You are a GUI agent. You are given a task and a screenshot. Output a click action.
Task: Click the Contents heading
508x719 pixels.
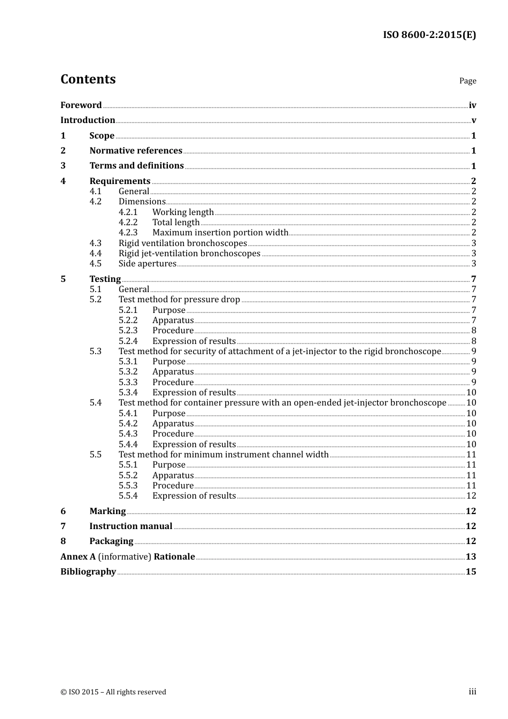point(88,79)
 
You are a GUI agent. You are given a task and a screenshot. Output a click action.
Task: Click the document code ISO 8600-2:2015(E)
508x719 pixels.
point(429,35)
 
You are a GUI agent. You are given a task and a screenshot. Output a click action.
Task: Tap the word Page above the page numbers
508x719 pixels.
point(467,81)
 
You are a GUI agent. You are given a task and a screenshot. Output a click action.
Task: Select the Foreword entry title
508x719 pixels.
point(81,105)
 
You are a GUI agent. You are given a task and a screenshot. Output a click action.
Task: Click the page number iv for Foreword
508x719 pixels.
point(472,105)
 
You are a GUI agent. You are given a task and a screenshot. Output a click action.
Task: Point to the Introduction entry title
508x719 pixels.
point(88,120)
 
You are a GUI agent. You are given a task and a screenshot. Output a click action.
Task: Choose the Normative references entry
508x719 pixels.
point(136,151)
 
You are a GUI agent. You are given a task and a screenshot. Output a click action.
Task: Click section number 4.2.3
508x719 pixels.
point(128,233)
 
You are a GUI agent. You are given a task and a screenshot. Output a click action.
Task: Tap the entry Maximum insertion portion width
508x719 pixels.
point(220,233)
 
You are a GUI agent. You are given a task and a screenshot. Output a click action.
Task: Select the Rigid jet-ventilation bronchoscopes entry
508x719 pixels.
point(189,254)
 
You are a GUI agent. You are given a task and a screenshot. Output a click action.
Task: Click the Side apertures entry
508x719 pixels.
point(147,264)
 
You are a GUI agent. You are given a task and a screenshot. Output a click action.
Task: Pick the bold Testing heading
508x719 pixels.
point(105,279)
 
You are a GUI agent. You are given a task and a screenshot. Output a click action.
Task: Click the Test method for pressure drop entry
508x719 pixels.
point(179,300)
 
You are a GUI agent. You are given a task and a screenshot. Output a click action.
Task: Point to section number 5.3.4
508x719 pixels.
point(128,393)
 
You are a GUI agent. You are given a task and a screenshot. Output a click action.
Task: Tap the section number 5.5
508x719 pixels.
point(95,455)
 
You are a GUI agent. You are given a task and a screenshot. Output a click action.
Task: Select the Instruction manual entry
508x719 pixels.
point(130,526)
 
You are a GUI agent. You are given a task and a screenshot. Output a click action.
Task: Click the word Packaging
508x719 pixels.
point(111,541)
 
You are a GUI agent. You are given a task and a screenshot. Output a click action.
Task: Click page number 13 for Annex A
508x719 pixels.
point(471,557)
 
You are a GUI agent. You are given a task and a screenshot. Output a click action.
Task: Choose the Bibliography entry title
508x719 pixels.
point(88,572)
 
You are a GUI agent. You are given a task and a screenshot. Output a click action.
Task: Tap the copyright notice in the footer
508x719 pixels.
point(113,692)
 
